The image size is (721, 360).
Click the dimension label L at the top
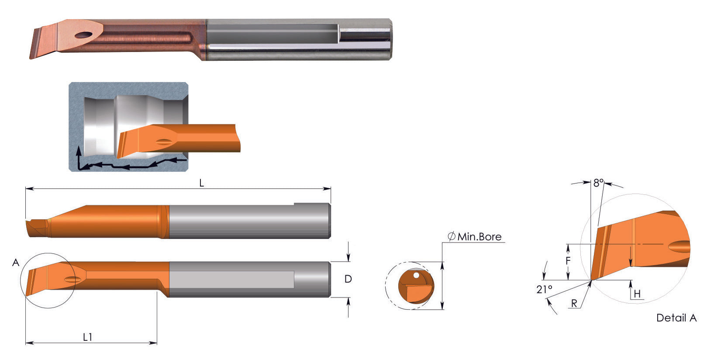201,183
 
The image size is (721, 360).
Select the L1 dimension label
88,337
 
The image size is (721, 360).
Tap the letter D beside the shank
348,279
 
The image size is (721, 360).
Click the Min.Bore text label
479,237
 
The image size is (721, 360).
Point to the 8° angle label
598,183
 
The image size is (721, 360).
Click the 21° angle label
544,289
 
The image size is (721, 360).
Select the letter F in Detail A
568,261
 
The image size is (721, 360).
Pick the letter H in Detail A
637,294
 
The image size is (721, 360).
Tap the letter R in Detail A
574,304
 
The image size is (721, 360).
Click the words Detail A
676,318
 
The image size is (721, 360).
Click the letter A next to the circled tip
16,263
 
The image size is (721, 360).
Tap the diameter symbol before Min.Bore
452,237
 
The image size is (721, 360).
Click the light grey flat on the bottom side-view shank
231,280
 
